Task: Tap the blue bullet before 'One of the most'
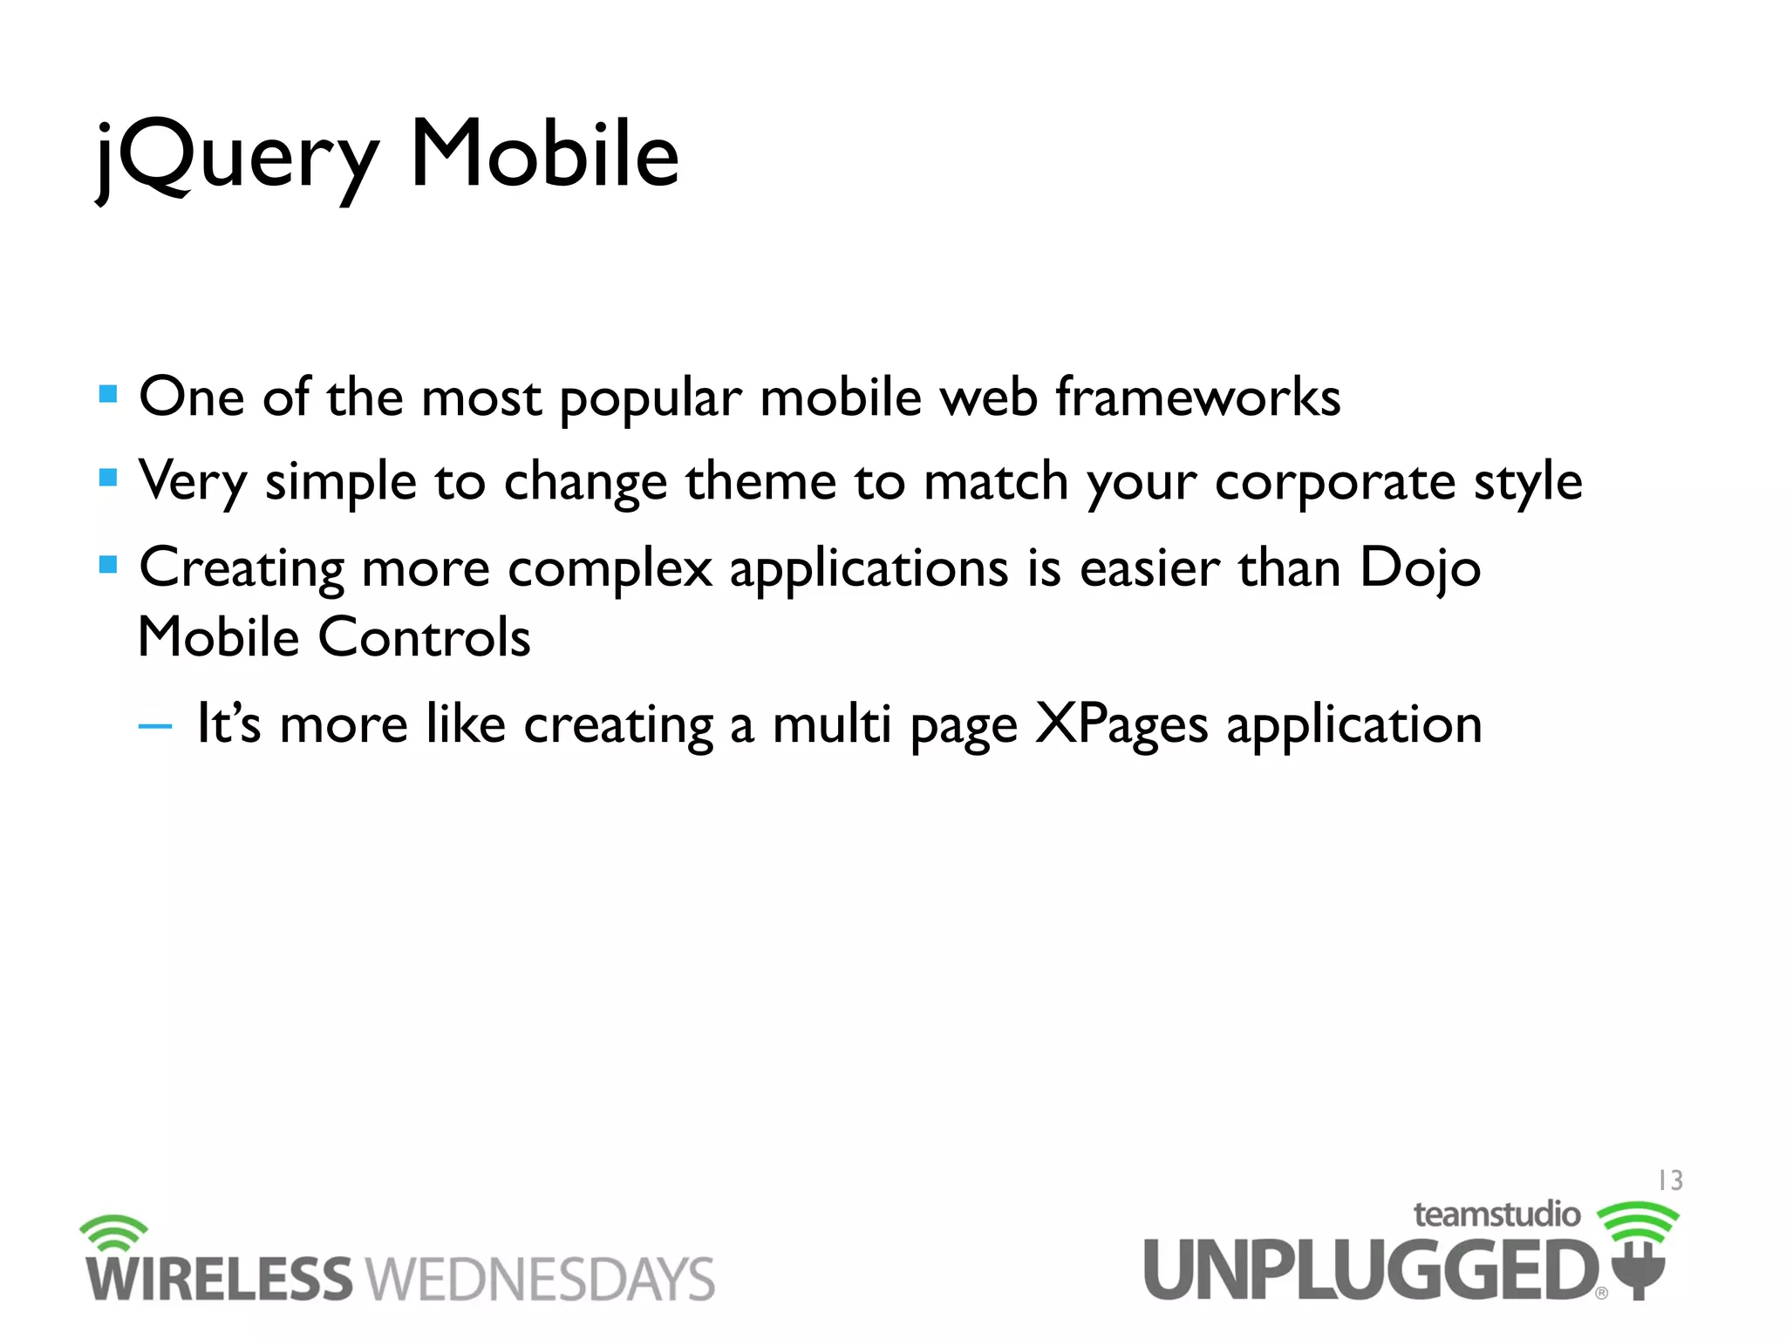coord(108,394)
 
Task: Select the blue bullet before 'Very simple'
coord(108,478)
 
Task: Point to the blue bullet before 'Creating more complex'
coord(108,565)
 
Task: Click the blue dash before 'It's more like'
coord(155,725)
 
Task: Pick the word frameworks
coord(1197,398)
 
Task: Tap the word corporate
coord(1335,482)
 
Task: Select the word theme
coord(760,481)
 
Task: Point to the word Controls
coord(424,637)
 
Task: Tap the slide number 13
coord(1670,1180)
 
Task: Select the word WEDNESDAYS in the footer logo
coord(540,1280)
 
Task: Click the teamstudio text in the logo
coord(1496,1214)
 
